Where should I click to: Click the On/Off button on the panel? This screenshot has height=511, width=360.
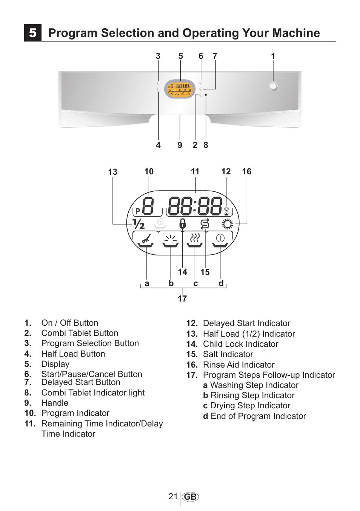273,86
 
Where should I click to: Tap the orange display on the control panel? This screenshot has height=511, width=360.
180,89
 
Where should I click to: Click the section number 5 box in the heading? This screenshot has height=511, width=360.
33,33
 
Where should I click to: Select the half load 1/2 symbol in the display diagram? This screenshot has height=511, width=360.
138,224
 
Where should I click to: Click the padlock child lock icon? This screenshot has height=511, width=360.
183,223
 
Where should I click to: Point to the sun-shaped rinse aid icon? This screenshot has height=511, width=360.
228,224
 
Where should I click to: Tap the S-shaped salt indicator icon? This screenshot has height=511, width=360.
205,224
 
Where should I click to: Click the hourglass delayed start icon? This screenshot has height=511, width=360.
226,211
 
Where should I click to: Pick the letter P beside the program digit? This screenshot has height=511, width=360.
138,211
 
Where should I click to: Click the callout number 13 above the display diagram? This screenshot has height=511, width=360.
112,172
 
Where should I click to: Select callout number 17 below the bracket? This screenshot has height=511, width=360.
182,299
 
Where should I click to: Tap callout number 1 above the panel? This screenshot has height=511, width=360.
273,56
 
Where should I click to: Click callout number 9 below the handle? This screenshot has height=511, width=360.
180,145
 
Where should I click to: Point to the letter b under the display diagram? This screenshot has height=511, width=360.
171,283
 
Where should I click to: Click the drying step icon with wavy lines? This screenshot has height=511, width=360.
195,240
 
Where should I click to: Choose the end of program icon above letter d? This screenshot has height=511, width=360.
220,240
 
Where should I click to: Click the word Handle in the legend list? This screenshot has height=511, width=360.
55,403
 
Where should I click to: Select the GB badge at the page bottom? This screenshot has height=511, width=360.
190,497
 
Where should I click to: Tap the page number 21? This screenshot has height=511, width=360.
173,496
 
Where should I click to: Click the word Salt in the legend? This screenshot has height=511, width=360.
211,354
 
